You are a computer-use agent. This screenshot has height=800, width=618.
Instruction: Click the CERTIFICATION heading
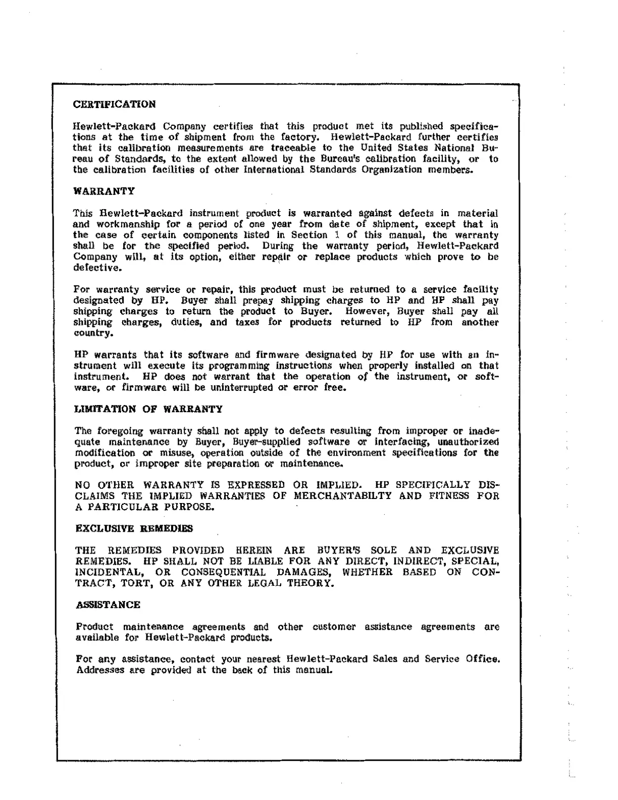coord(114,105)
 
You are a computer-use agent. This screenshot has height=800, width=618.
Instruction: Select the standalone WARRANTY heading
coord(104,191)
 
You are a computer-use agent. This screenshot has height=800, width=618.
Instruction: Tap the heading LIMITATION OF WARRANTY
coord(148,409)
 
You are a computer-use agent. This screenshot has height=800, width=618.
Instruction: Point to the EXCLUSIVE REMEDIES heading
coord(134,529)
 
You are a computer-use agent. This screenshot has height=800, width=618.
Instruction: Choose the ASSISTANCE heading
coord(108,605)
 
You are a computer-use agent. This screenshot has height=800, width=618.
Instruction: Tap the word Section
coord(309,235)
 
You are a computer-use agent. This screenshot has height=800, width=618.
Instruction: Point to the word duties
coord(186,322)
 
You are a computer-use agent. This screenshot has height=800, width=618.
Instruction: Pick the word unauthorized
coord(468,442)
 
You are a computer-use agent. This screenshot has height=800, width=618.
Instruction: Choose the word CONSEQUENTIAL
coord(223,572)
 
